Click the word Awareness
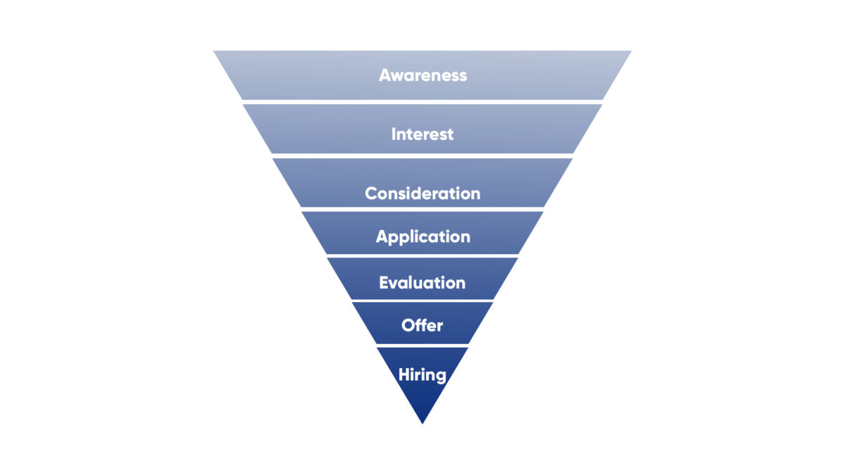coord(423,75)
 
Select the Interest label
coord(423,134)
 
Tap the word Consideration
coord(423,194)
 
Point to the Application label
coord(423,236)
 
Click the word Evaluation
coord(423,283)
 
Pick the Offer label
coord(423,326)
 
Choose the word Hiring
coord(423,374)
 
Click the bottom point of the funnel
coord(423,422)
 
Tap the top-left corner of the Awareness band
coord(215,51)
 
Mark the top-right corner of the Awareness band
coord(630,51)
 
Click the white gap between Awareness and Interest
coord(423,101)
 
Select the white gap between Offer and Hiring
coord(423,345)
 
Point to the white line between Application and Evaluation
coord(423,255)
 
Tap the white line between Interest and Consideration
coord(423,156)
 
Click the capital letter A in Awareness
coord(385,75)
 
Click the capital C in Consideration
coord(371,194)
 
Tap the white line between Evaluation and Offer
coord(423,300)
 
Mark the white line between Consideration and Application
coord(423,209)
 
